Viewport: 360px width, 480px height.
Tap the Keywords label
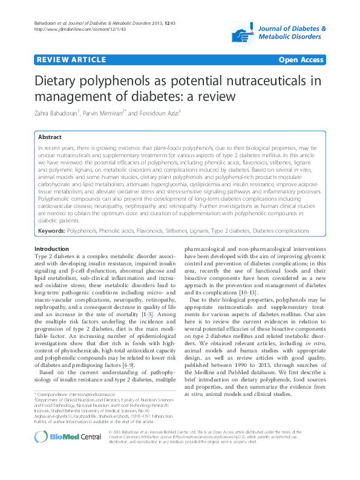coord(51,231)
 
